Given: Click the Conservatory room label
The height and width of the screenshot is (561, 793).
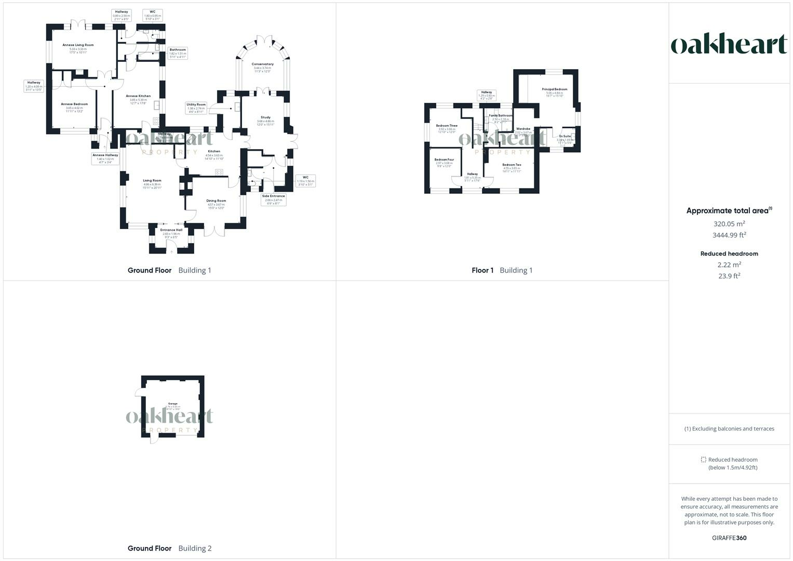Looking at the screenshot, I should point(263,64).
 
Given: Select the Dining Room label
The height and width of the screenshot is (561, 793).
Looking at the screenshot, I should point(216,201).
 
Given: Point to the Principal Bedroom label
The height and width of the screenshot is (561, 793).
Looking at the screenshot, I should point(555,89).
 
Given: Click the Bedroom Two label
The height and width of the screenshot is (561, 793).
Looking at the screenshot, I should point(512,165).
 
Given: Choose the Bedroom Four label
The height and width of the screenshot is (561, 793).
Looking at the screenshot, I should point(444,159).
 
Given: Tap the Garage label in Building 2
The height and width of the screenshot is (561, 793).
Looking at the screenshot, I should point(172,404).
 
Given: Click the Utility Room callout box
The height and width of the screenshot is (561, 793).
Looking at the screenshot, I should point(196,108).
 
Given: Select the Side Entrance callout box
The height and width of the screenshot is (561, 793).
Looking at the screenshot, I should point(273,199).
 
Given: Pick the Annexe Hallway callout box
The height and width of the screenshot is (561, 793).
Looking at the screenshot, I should point(105,158).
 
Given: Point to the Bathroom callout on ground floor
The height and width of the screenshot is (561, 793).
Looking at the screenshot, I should point(178,53).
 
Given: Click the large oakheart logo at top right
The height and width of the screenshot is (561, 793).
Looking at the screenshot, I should point(729,44).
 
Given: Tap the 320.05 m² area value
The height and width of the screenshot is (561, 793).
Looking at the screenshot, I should point(729,224).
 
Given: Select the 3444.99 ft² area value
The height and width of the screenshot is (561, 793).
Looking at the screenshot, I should point(729,235).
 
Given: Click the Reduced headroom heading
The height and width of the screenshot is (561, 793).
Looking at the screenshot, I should point(729,254).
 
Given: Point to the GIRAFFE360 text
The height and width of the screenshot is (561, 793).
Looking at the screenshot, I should point(729,538).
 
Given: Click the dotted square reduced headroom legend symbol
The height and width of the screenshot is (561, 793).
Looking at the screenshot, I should point(704,460).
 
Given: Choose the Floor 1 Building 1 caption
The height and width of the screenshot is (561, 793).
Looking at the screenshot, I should point(502,270).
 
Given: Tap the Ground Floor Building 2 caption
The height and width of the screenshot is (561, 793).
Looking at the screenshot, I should point(169,548).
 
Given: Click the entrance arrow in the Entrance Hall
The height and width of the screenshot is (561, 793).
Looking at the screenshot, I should point(171,252).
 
